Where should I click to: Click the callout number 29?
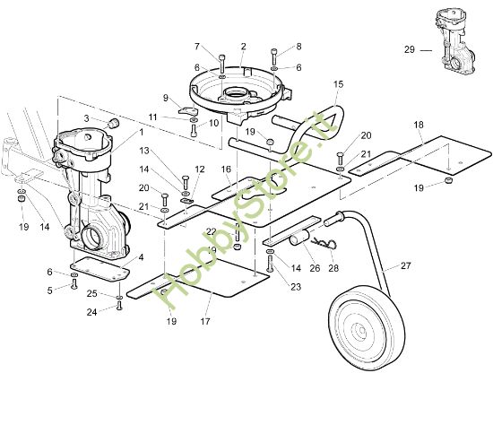pos(410,50)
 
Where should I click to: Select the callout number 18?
pos(419,124)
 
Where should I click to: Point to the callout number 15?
pos(338,84)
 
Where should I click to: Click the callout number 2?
pos(243,46)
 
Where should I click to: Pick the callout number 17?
pos(205,321)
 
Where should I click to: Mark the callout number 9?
pos(166,98)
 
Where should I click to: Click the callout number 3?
pos(87,118)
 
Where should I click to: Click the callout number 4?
pos(141,257)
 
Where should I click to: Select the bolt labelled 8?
pos(274,55)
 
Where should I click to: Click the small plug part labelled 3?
pos(113,120)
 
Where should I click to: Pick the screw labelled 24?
pos(118,307)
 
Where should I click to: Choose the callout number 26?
pos(314,268)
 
